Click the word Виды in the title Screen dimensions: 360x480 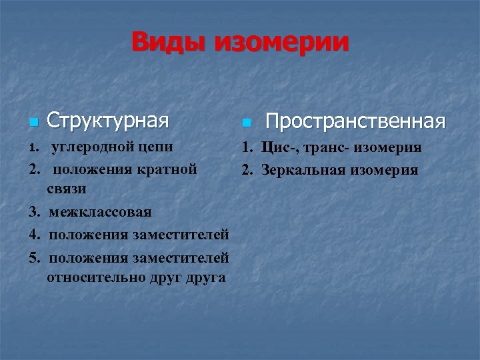point(169,42)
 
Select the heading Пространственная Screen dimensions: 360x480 point(355,121)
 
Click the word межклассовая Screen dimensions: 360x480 point(100,212)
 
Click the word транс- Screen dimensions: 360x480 point(323,147)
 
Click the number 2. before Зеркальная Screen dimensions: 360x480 point(247,169)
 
